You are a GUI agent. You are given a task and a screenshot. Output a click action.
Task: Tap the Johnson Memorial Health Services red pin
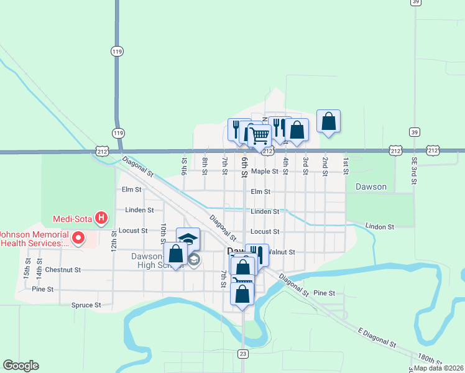[78, 237]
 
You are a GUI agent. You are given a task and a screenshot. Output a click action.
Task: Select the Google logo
[21, 366]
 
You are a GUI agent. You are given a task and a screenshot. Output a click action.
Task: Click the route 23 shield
[242, 353]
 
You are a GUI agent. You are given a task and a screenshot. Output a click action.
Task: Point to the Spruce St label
[86, 305]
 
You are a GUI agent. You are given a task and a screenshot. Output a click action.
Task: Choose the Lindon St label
[380, 227]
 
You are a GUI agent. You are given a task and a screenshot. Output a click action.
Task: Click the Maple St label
[264, 171]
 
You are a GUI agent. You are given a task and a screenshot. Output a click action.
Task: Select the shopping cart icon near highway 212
[260, 134]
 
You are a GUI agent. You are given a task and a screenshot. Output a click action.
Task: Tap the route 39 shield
[414, 132]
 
